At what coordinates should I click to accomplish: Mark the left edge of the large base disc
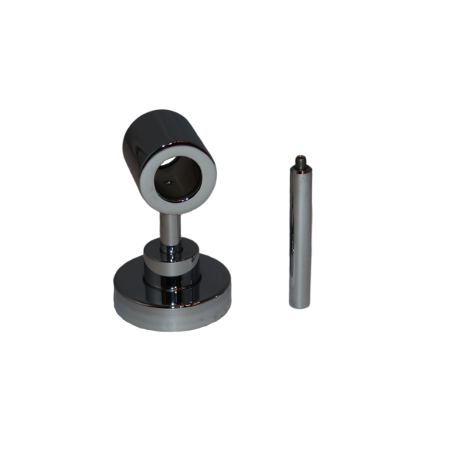pos(114,301)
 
